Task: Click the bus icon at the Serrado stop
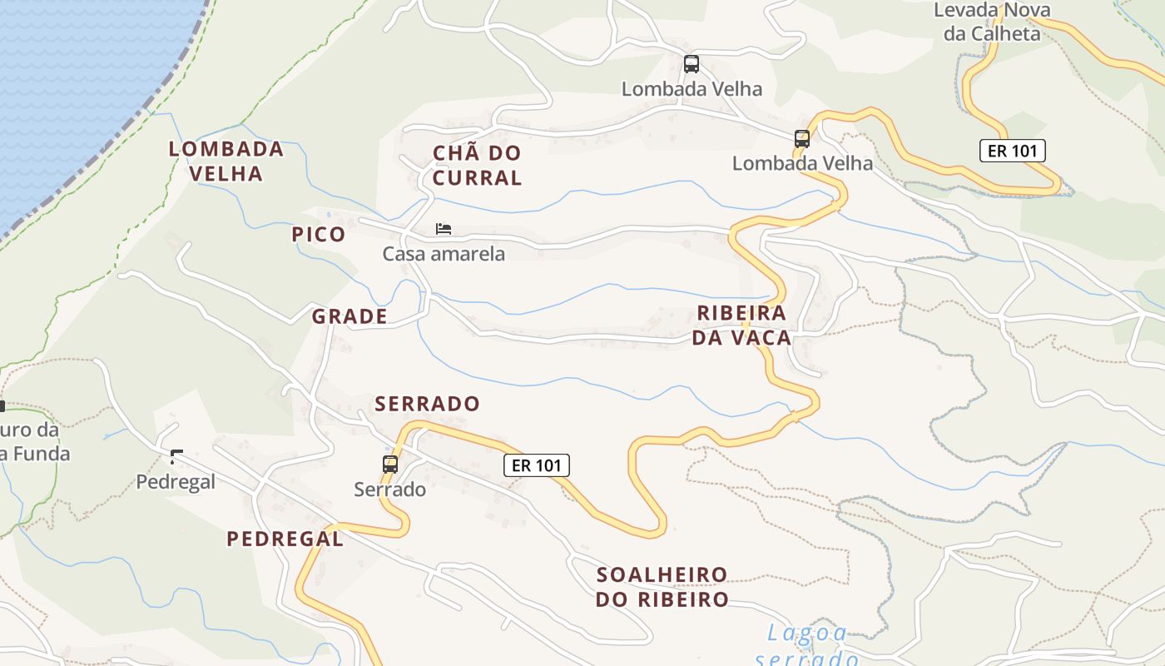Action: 390,464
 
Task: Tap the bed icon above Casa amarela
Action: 444,229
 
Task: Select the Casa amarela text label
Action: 444,253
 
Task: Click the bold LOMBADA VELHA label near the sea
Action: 226,161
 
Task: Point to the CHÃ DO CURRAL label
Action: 478,165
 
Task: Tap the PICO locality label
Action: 319,234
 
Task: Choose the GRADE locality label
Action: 349,316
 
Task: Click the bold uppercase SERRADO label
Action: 428,404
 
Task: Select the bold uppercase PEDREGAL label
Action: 285,539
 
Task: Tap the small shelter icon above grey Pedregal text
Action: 176,456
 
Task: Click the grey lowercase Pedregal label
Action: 176,481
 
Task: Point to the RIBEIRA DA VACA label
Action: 741,326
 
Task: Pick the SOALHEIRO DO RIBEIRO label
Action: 662,587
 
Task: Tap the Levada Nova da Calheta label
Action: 991,22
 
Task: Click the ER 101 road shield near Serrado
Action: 537,465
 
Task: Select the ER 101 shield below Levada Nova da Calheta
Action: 1012,151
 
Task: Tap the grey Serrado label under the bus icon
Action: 390,489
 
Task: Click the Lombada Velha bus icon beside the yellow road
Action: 802,138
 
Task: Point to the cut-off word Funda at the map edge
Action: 35,454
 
